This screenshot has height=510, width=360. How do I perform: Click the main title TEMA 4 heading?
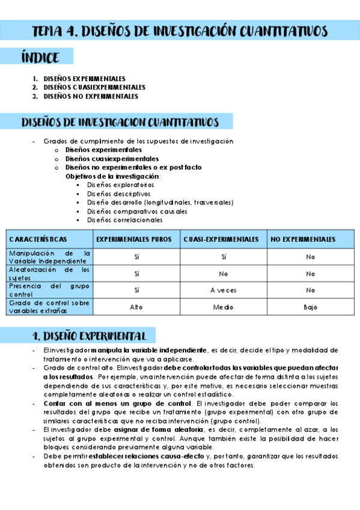[180, 31]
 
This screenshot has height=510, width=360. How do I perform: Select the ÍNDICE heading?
[40, 57]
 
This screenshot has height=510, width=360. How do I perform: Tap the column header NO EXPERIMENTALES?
[303, 239]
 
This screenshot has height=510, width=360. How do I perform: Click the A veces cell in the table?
[222, 290]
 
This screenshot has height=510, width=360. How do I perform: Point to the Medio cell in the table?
[222, 307]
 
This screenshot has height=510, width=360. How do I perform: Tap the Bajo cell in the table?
[310, 307]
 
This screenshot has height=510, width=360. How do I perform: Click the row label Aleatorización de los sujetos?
[49, 274]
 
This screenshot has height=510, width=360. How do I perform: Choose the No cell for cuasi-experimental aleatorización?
[222, 274]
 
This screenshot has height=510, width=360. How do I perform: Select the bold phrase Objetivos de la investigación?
[112, 176]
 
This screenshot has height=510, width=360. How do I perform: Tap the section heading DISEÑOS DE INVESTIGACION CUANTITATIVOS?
[120, 123]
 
